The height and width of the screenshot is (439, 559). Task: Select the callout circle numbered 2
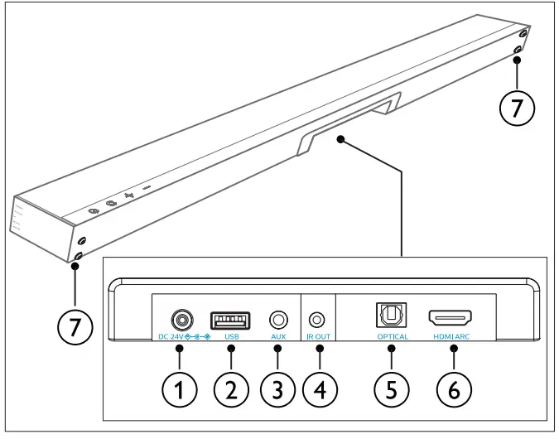231,387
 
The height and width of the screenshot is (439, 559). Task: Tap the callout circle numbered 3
278,387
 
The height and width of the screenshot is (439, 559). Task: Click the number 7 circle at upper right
517,109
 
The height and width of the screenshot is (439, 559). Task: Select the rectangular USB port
231,318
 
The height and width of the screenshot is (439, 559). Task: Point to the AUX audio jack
278,318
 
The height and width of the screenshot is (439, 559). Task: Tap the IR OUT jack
318,318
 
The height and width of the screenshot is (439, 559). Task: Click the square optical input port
389,316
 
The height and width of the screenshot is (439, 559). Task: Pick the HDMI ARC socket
450,317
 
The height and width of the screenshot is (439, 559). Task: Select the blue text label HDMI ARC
451,338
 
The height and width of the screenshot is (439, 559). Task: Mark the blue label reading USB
231,338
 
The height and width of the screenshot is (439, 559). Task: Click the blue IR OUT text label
318,338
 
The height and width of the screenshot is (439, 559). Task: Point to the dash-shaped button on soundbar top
147,189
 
